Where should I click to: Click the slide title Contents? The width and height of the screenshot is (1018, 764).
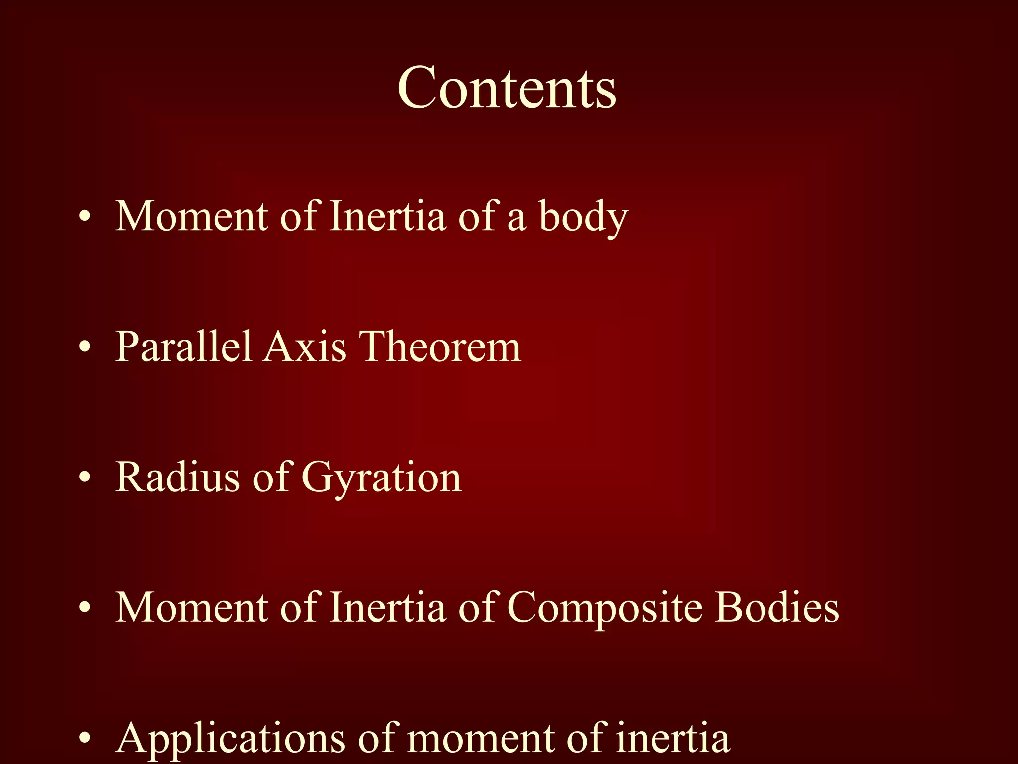507,89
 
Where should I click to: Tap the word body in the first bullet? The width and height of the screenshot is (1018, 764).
584,218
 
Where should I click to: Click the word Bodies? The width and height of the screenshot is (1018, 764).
777,607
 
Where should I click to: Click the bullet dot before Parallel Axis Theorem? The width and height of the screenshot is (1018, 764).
85,348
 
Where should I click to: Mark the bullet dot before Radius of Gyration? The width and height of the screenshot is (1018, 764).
85,478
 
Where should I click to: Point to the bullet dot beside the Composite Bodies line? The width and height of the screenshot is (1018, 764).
85,608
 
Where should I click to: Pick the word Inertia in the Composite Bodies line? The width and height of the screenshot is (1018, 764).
387,607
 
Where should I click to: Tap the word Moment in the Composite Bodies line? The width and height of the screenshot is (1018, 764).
192,607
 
